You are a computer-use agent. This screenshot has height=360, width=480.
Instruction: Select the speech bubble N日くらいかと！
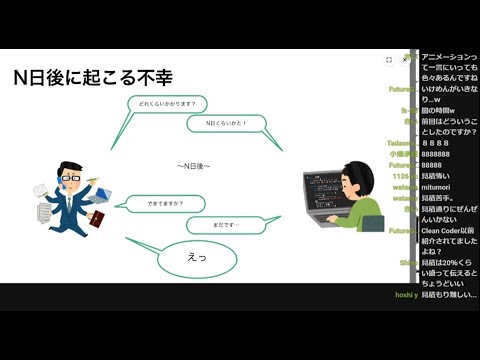pyautogui.click(x=227, y=124)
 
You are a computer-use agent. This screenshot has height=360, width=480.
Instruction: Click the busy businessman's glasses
pyautogui.click(x=68, y=173)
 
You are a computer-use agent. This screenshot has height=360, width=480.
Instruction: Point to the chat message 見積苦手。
pyautogui.click(x=442, y=198)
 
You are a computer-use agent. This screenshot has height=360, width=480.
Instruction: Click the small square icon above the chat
pyautogui.click(x=389, y=60)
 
